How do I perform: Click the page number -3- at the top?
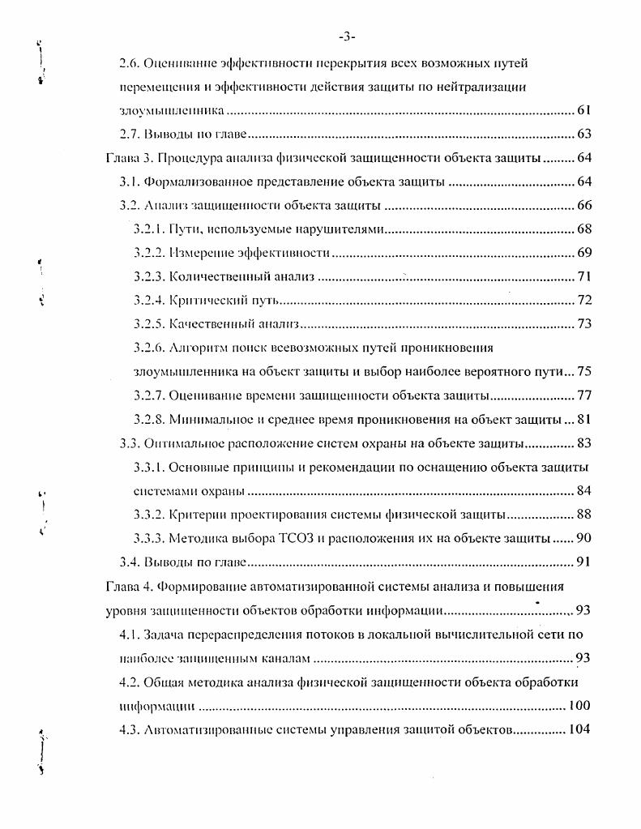pos(348,36)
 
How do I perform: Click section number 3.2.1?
pos(149,229)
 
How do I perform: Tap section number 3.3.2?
pos(149,515)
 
